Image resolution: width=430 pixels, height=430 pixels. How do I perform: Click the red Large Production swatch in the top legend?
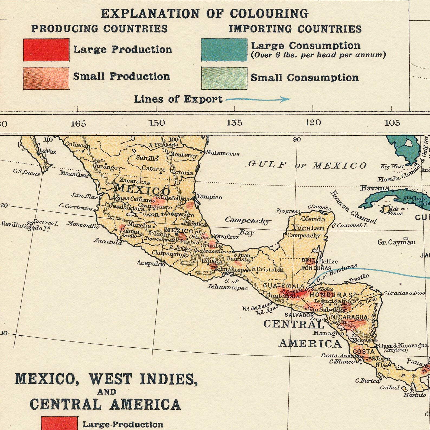click(x=46, y=50)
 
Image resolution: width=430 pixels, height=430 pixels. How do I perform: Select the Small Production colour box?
click(x=46, y=78)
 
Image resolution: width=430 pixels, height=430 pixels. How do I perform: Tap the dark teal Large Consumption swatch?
click(x=224, y=50)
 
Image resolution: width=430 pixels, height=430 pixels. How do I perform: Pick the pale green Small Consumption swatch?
click(x=224, y=78)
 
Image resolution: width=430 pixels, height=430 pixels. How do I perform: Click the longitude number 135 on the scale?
click(x=234, y=123)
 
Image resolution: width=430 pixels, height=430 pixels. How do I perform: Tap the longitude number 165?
click(x=78, y=124)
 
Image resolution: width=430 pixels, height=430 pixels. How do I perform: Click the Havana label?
click(x=375, y=188)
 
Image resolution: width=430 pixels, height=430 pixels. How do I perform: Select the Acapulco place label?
click(x=151, y=263)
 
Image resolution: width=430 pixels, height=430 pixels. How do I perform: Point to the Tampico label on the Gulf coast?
click(x=209, y=197)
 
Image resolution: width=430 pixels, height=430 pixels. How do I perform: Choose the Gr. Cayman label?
click(x=396, y=242)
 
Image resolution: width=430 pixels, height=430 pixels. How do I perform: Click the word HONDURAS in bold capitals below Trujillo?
click(x=331, y=295)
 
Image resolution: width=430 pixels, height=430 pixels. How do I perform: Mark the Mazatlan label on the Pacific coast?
click(x=74, y=175)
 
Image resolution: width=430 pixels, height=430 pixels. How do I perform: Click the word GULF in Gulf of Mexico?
click(x=267, y=164)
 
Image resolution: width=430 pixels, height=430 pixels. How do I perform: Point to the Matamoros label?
click(x=222, y=153)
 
